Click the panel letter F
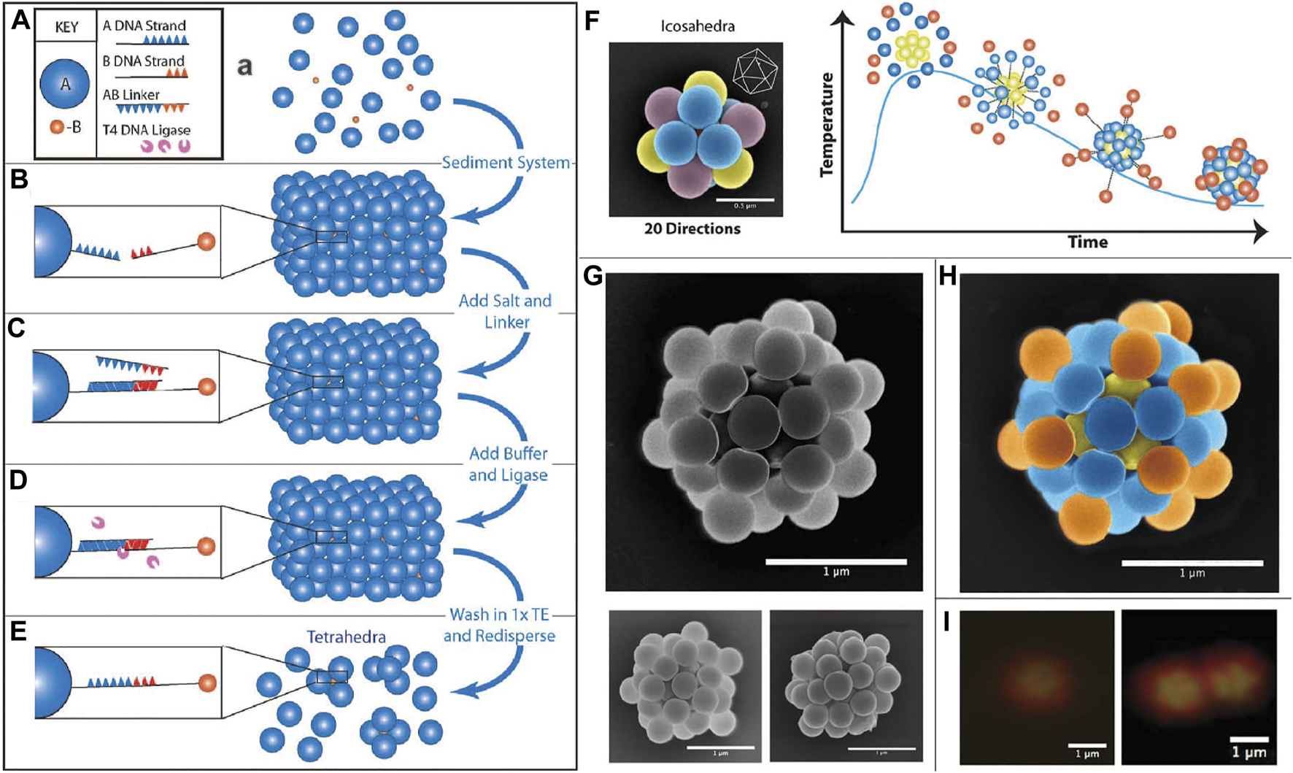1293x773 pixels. [x=593, y=20]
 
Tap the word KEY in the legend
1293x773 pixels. [x=66, y=27]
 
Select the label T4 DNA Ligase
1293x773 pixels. [x=146, y=130]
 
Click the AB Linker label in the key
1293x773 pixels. [x=131, y=95]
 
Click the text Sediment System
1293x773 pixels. [x=506, y=163]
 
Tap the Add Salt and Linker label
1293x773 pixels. [x=505, y=311]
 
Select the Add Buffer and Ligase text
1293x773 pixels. [x=508, y=464]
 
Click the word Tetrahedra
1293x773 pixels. [x=346, y=637]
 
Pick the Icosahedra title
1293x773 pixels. [x=697, y=27]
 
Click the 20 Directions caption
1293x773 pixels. [x=692, y=228]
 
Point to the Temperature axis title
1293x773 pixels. [x=827, y=124]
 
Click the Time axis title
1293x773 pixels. [x=1087, y=242]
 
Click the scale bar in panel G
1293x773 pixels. [x=836, y=561]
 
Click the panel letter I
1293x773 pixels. [x=946, y=623]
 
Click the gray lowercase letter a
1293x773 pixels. [x=245, y=67]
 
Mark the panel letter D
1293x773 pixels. [x=18, y=480]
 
